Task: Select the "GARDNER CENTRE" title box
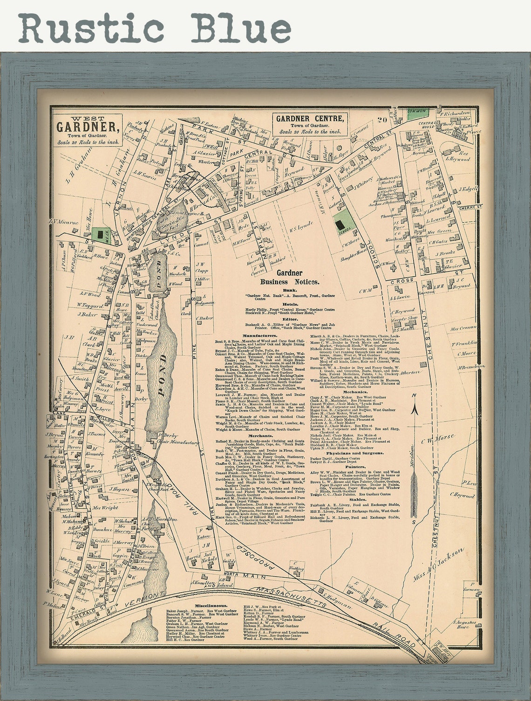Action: coord(310,119)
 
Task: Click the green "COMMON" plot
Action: coord(416,112)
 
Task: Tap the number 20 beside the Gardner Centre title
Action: coord(382,120)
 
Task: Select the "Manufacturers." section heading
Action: coord(260,335)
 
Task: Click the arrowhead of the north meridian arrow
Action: coord(414,410)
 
